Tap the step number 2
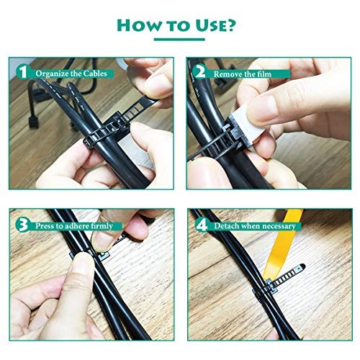tap(199, 73)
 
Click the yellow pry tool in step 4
tap(288, 238)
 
